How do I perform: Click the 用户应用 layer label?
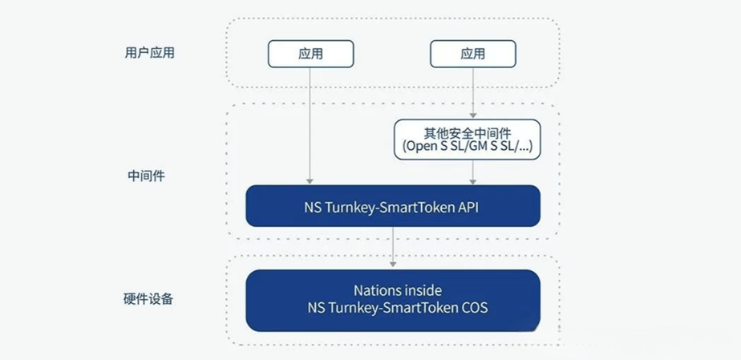(150, 54)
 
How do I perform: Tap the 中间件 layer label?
(146, 176)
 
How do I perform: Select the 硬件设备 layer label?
(149, 299)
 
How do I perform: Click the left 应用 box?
(310, 54)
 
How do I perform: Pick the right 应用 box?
(473, 54)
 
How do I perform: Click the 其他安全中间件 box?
(467, 140)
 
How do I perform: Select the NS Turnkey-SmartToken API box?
(393, 206)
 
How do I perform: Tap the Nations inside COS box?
(393, 300)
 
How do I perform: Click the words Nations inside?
(398, 290)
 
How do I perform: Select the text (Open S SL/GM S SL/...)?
(467, 148)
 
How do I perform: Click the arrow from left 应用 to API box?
(310, 124)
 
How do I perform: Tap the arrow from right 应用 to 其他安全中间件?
(473, 92)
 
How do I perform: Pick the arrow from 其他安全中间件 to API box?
(473, 172)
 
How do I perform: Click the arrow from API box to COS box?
(393, 248)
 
